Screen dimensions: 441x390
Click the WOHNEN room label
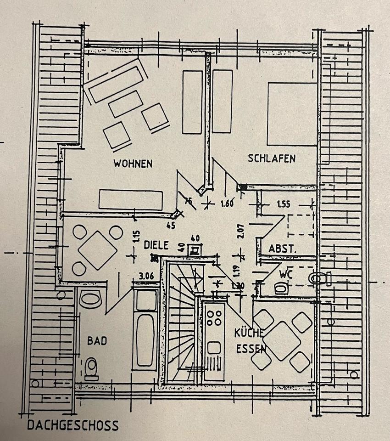(x=133, y=164)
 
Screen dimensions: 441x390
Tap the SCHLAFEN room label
(x=272, y=159)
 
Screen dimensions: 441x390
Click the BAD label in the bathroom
(x=97, y=341)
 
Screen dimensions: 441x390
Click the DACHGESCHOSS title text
(x=72, y=425)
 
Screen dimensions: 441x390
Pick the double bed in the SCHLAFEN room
(x=292, y=114)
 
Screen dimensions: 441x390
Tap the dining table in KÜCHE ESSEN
(x=282, y=340)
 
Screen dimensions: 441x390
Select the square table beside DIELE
(x=97, y=250)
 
